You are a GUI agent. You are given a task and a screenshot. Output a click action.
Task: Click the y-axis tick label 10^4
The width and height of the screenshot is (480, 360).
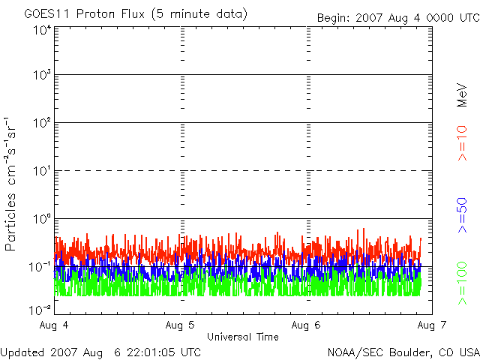tap(41, 30)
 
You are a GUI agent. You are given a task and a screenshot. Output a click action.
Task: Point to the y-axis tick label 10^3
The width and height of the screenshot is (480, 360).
tap(41, 76)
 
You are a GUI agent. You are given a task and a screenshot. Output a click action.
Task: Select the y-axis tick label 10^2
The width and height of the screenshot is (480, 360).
tap(41, 124)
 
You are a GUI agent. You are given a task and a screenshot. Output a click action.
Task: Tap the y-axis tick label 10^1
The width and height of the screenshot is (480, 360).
tap(41, 172)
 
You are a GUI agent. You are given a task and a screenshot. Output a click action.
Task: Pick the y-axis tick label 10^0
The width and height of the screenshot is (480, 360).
tap(41, 220)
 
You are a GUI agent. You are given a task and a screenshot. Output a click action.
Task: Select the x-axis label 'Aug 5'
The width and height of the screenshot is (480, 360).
tap(181, 325)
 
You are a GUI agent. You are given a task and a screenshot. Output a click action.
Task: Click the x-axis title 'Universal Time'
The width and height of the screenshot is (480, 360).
tap(242, 337)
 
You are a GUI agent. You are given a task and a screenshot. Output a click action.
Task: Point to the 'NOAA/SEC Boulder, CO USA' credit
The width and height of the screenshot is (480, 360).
tap(403, 352)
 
